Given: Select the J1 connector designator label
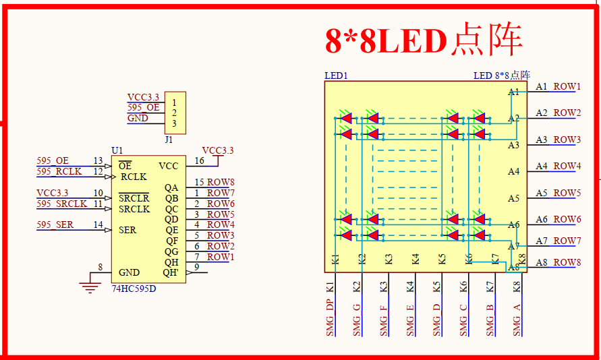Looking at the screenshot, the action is [169, 140].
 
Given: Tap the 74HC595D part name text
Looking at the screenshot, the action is [134, 289].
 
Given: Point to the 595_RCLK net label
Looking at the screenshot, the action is [59, 171].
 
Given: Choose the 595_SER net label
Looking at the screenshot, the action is [55, 224].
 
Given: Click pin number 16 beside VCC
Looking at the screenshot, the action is [199, 160].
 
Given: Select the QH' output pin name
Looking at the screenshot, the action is [171, 272].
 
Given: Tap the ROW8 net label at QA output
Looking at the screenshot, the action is [221, 182].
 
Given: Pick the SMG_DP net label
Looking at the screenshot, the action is [330, 318].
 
